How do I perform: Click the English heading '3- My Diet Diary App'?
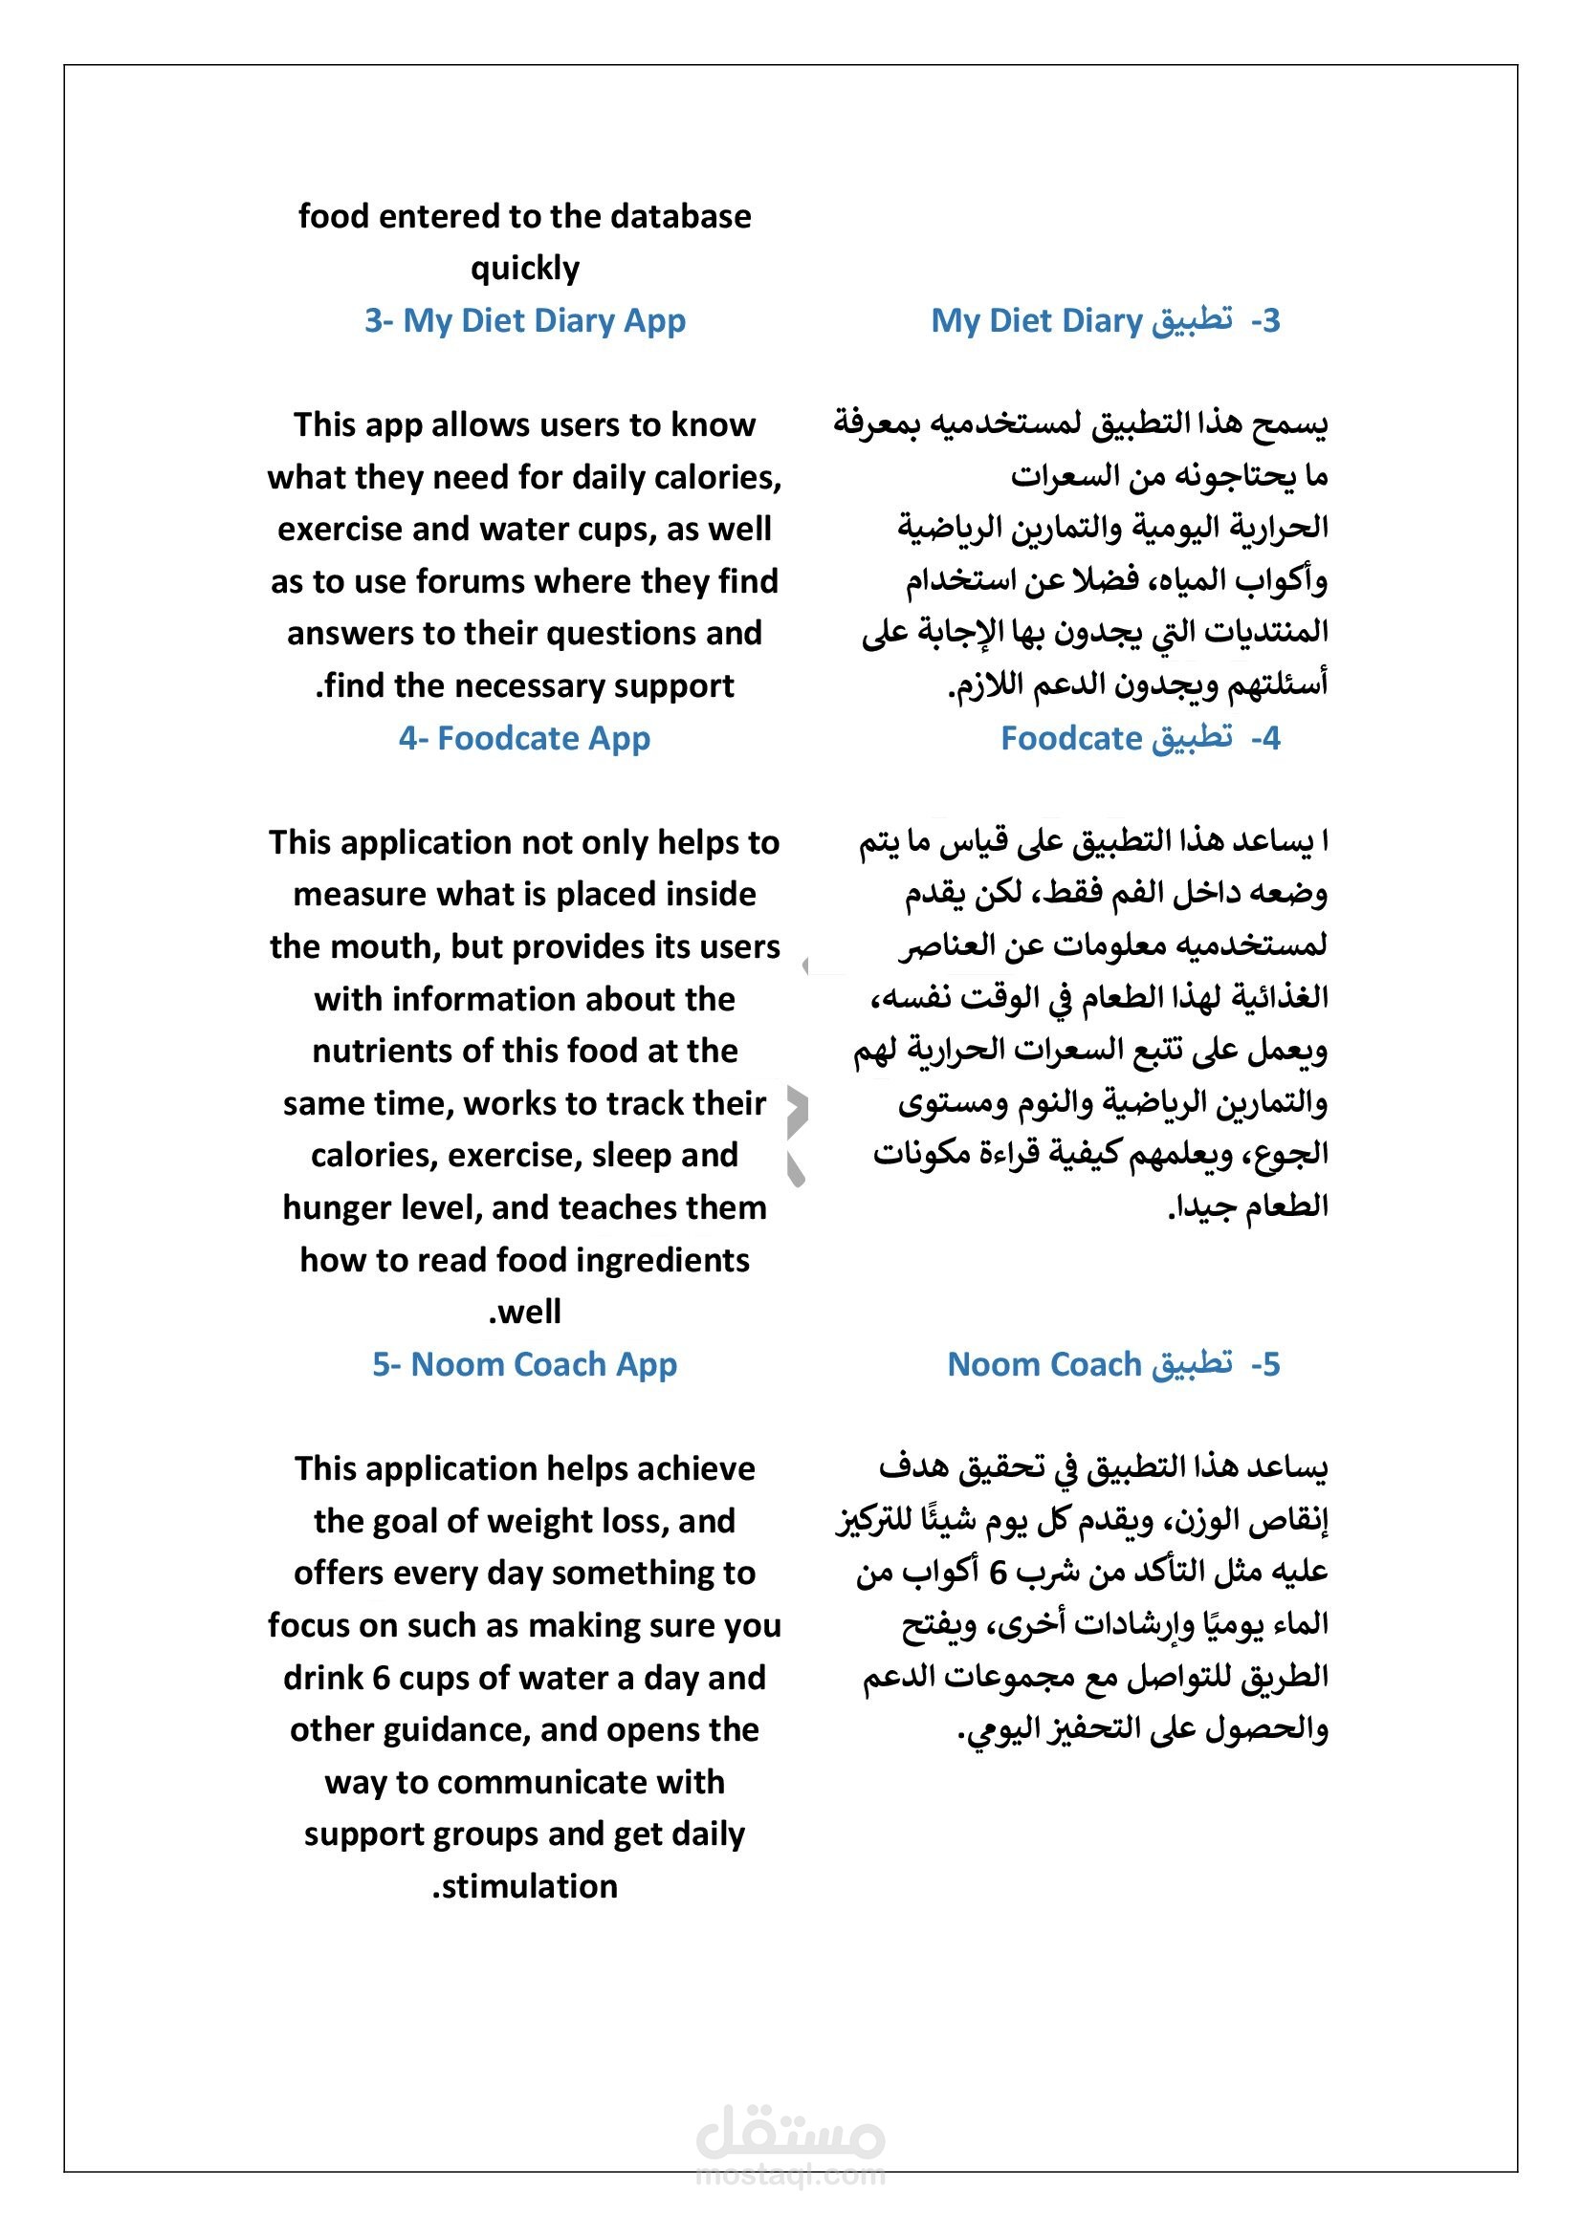point(525,320)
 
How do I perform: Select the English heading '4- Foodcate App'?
point(524,738)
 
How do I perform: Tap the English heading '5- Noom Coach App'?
point(524,1364)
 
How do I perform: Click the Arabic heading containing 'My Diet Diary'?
point(1105,320)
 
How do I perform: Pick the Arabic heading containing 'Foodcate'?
point(1140,738)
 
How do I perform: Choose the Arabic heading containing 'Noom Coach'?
point(1113,1364)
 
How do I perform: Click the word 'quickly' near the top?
point(525,268)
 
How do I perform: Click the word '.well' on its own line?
point(525,1312)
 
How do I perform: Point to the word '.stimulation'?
point(525,1886)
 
